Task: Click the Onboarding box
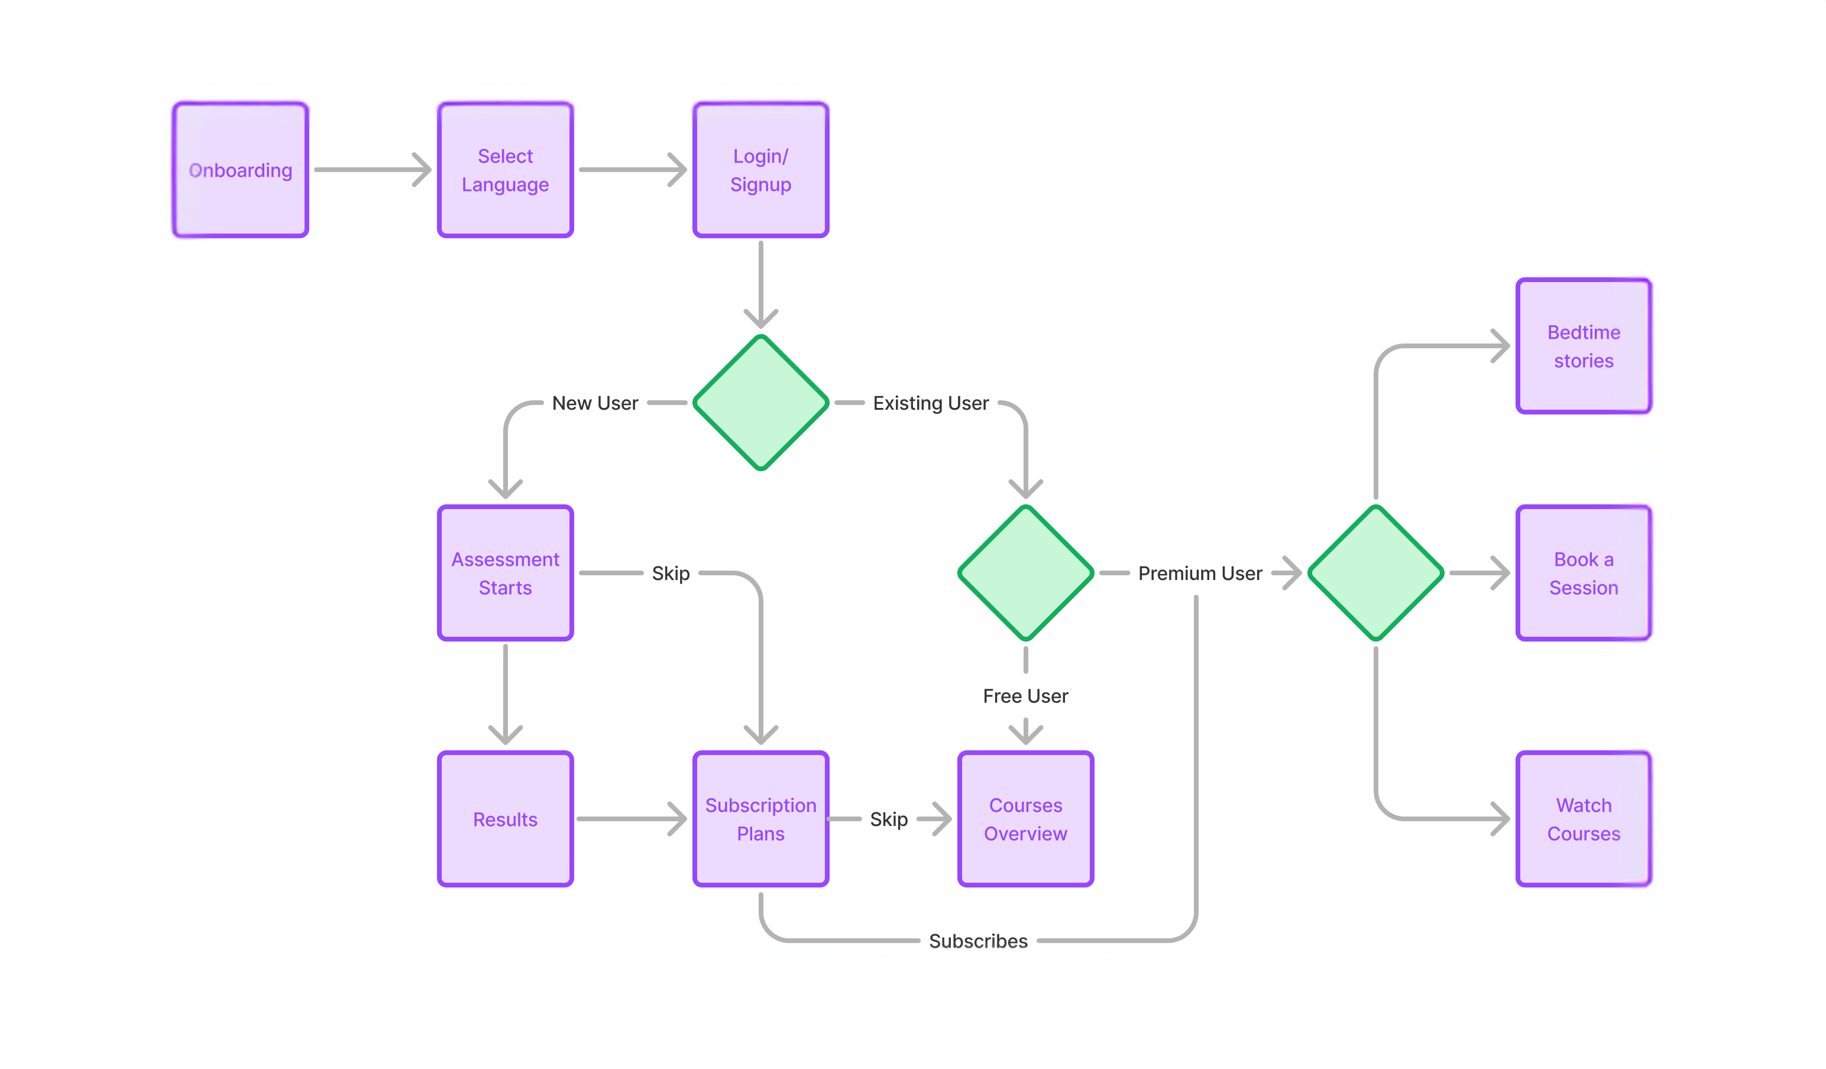click(x=240, y=170)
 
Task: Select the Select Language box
click(x=505, y=170)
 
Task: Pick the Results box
click(x=505, y=819)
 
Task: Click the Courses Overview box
click(x=1025, y=819)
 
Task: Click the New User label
click(x=595, y=403)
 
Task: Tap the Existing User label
click(x=930, y=403)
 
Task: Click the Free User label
click(x=1025, y=696)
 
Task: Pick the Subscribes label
click(x=978, y=941)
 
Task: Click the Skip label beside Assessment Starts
click(x=670, y=574)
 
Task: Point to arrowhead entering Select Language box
click(x=424, y=170)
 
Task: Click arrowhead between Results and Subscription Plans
click(x=679, y=819)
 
